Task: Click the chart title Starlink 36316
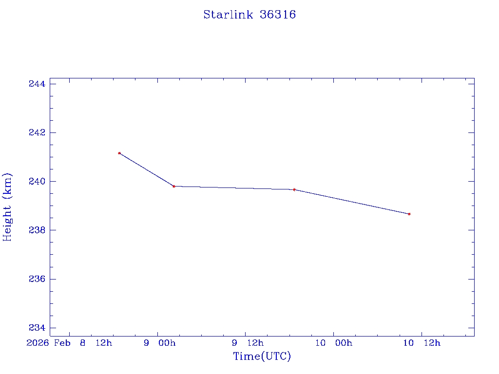[249, 15]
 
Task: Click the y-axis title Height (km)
[7, 207]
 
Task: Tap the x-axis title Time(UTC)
[262, 356]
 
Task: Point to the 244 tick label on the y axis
[37, 84]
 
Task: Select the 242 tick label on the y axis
[37, 133]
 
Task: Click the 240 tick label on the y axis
[37, 182]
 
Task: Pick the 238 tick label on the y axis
[37, 230]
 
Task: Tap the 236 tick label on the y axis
[37, 279]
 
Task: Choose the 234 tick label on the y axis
[37, 328]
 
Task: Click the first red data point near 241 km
[119, 153]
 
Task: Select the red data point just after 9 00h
[174, 186]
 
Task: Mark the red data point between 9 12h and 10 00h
[294, 189]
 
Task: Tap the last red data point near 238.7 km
[409, 214]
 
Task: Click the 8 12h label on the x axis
[96, 343]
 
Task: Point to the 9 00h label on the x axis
[160, 343]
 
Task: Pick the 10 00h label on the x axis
[333, 343]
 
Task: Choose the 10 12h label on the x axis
[422, 343]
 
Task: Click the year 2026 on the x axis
[38, 343]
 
